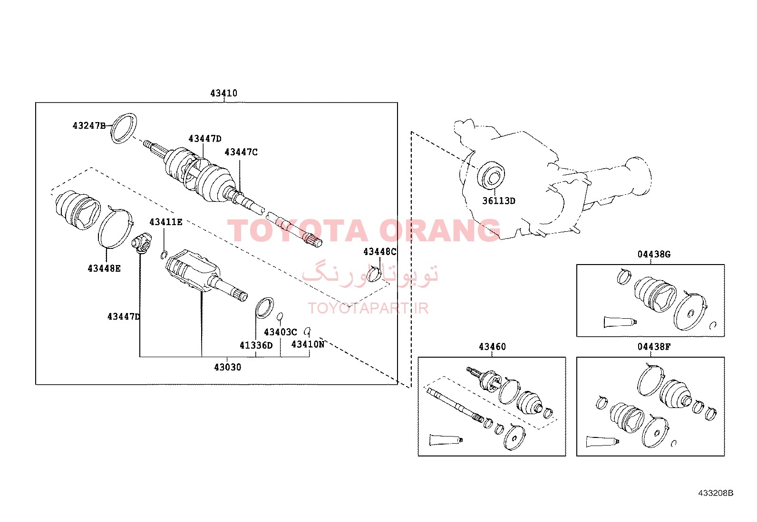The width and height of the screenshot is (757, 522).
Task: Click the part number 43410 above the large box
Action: (223, 93)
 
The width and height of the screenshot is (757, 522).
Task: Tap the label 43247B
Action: (89, 125)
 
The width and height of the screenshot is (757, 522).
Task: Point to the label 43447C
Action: (241, 152)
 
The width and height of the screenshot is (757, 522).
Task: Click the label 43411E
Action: (166, 222)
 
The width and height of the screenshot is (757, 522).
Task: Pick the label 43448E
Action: (104, 268)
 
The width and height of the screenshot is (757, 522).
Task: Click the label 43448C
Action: (380, 252)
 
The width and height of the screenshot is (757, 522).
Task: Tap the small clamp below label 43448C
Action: (374, 274)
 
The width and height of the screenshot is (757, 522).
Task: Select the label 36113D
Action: (499, 201)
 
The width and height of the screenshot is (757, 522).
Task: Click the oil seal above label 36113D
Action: (491, 176)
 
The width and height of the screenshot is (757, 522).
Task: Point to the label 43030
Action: (227, 367)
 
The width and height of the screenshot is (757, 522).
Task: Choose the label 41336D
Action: (256, 345)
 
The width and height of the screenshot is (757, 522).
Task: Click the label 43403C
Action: (281, 332)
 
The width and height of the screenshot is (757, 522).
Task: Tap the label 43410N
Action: (308, 344)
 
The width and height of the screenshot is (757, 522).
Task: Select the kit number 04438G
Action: (654, 254)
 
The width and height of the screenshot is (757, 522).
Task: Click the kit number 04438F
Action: (654, 347)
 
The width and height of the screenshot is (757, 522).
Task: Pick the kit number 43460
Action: (493, 347)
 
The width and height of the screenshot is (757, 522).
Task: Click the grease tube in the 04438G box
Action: (620, 322)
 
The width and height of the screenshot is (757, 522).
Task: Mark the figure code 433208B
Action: (716, 493)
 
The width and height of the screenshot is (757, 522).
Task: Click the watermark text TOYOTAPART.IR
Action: (368, 308)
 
